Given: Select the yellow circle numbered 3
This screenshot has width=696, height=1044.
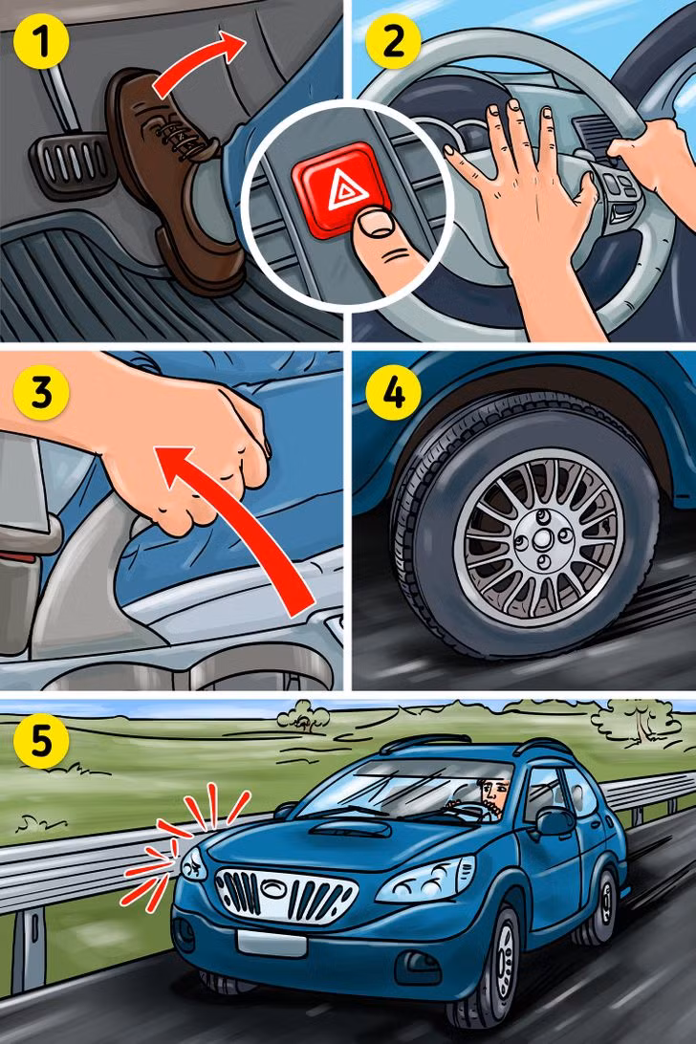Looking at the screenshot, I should pyautogui.click(x=35, y=395).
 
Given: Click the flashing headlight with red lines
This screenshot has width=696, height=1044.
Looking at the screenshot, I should pyautogui.click(x=191, y=865).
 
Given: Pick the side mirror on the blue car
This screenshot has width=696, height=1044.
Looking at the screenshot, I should pyautogui.click(x=555, y=821).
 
